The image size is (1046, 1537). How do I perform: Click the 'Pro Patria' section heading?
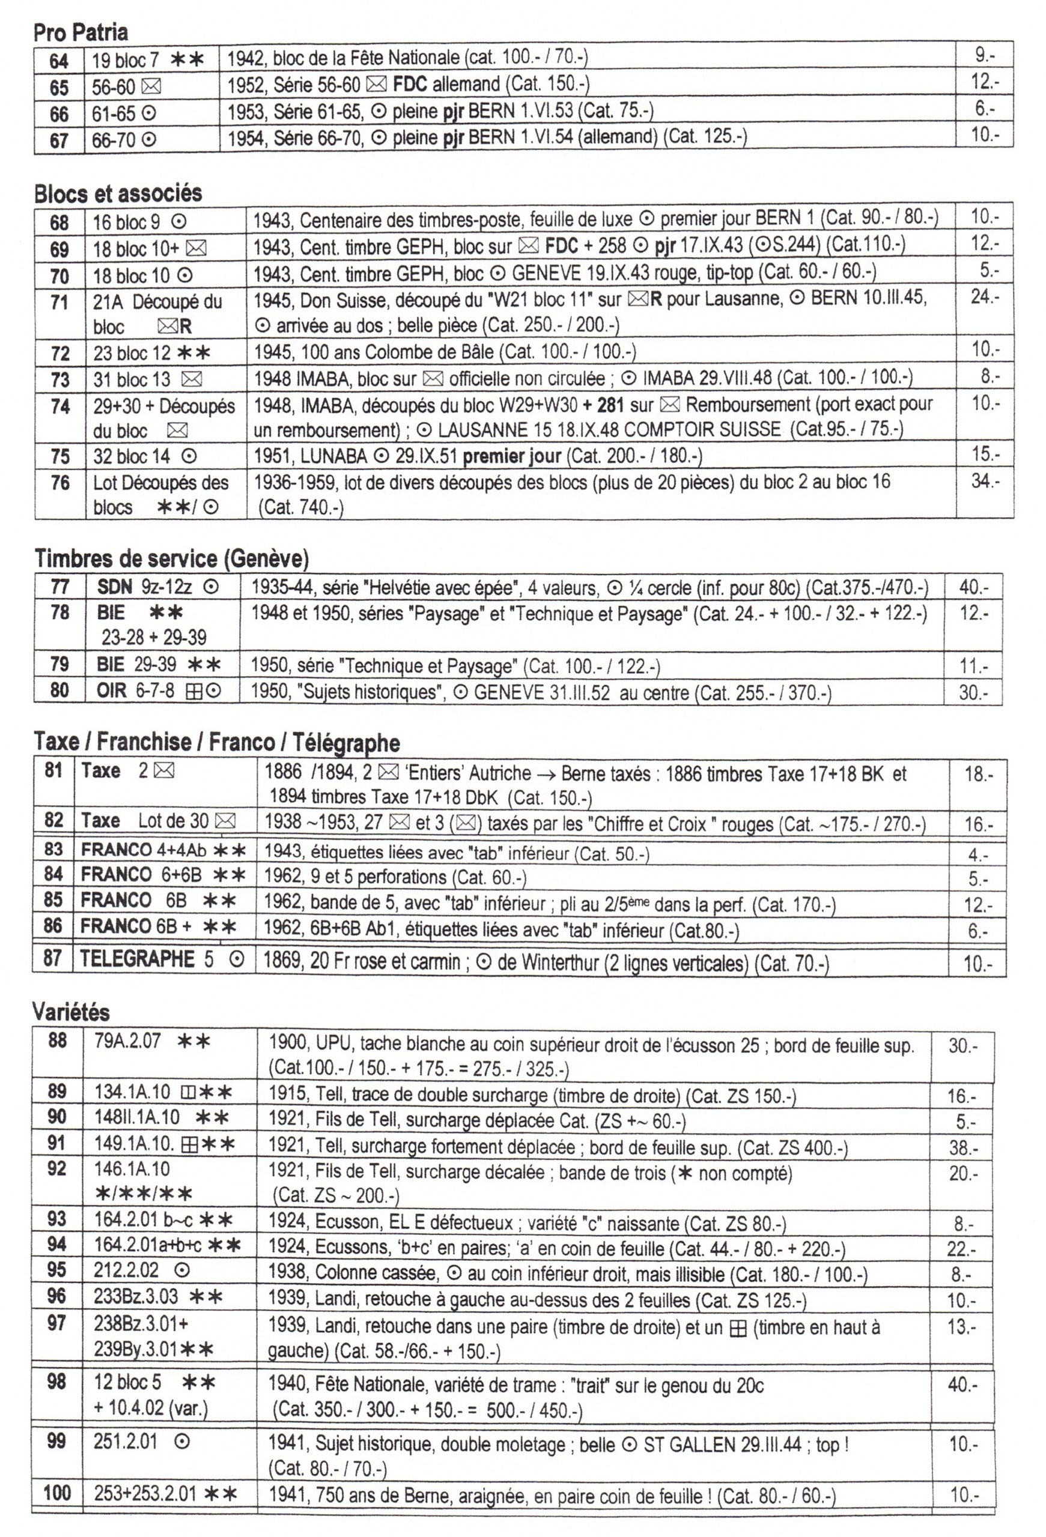coord(81,32)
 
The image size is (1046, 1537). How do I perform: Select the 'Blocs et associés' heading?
coord(118,193)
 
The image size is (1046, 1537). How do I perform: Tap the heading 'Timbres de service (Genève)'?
coord(171,559)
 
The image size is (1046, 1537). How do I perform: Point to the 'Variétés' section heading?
coord(71,1012)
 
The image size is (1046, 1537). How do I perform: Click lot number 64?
coord(59,61)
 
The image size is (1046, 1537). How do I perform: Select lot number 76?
coord(60,483)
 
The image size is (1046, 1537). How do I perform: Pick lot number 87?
coord(53,959)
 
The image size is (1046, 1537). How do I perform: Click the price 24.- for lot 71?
coord(985,297)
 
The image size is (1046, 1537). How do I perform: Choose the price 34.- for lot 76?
coord(985,481)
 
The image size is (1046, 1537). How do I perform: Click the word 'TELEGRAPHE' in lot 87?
coord(138,959)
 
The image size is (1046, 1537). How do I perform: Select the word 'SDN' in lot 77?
coord(115,586)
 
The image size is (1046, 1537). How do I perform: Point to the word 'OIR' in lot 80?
coord(112,690)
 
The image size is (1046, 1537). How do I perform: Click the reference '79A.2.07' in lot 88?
coord(127,1041)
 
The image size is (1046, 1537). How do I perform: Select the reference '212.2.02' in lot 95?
coord(126,1270)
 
